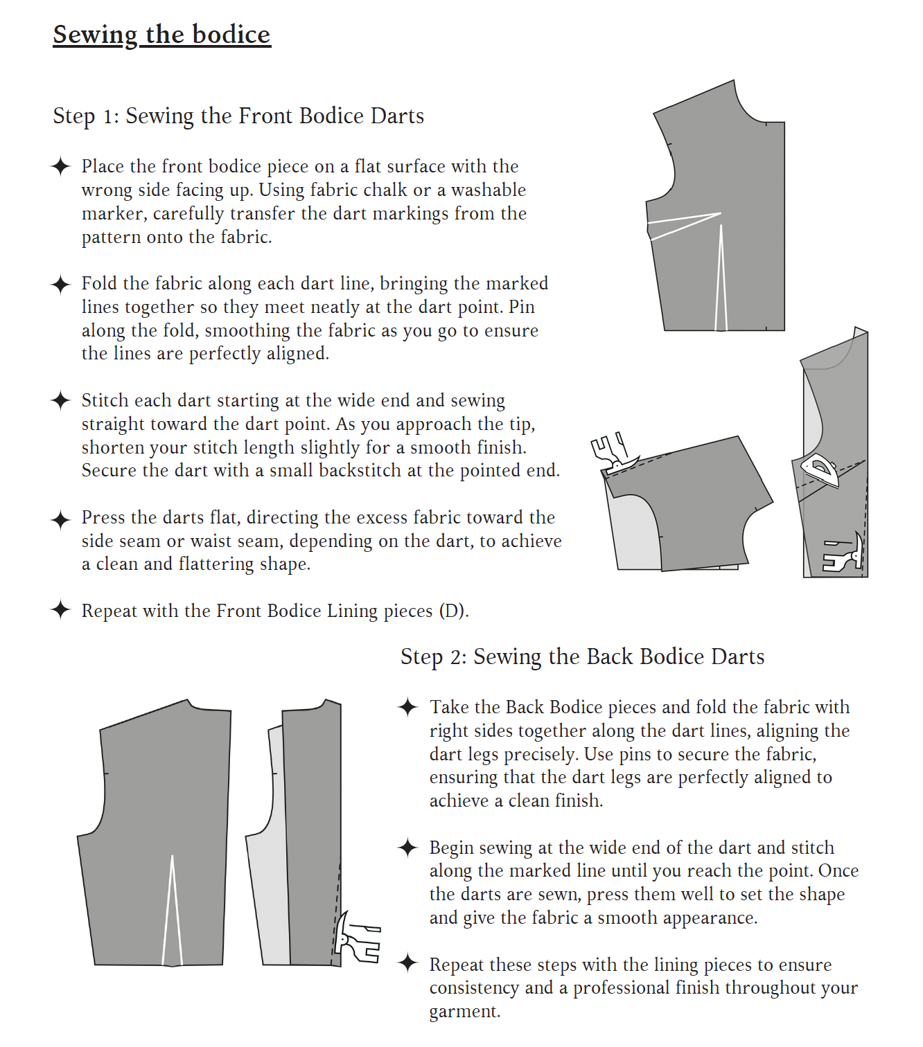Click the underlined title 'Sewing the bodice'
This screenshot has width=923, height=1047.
(x=161, y=35)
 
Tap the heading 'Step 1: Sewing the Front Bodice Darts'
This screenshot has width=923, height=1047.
(x=238, y=116)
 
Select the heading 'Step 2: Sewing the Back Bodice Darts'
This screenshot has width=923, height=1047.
(x=582, y=656)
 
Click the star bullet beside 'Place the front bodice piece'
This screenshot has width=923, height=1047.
(x=61, y=166)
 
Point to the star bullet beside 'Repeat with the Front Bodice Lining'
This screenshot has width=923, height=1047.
(x=61, y=610)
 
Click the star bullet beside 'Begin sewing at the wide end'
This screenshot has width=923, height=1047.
(x=408, y=848)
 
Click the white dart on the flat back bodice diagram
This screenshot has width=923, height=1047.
(x=172, y=914)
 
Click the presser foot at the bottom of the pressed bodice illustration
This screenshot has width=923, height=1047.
(x=845, y=554)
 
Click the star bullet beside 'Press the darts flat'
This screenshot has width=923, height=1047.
(x=61, y=519)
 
